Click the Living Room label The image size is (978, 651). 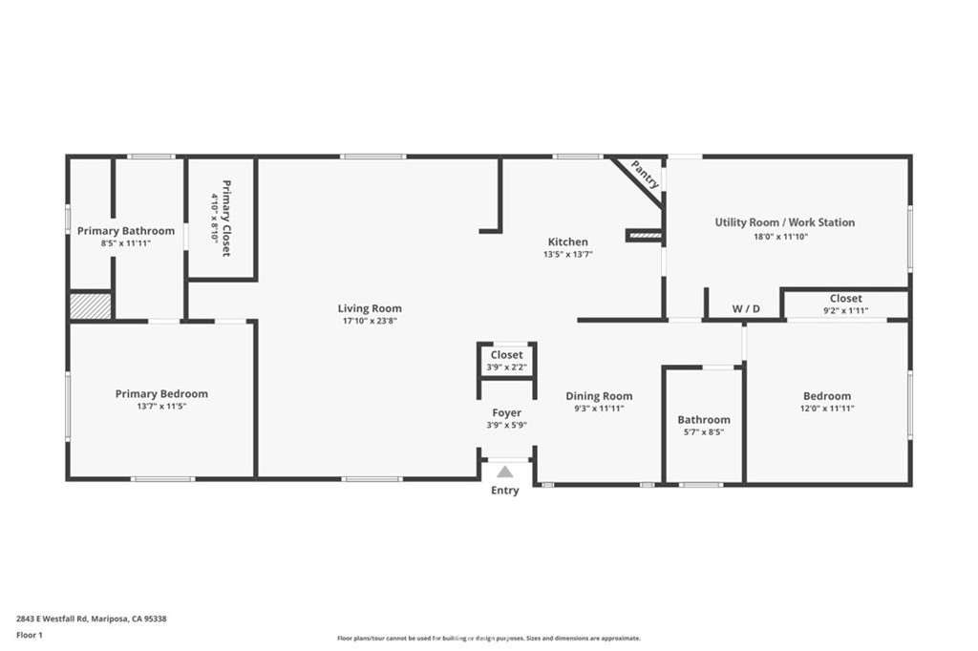370,308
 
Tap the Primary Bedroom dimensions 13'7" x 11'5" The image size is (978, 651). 161,408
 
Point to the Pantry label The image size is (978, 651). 646,175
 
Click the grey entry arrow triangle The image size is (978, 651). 504,472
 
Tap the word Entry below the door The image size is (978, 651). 504,491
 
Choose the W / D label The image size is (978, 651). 746,309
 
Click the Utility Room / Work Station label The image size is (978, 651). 785,222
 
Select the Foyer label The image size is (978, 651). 506,412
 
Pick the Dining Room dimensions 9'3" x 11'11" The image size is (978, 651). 599,409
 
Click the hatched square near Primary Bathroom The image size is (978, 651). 91,305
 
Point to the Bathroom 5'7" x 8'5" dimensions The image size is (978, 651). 704,431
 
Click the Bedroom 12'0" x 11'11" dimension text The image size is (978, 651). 827,409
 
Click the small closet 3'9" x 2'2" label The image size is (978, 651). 506,367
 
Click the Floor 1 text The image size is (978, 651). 30,635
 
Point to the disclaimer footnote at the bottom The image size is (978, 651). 488,639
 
